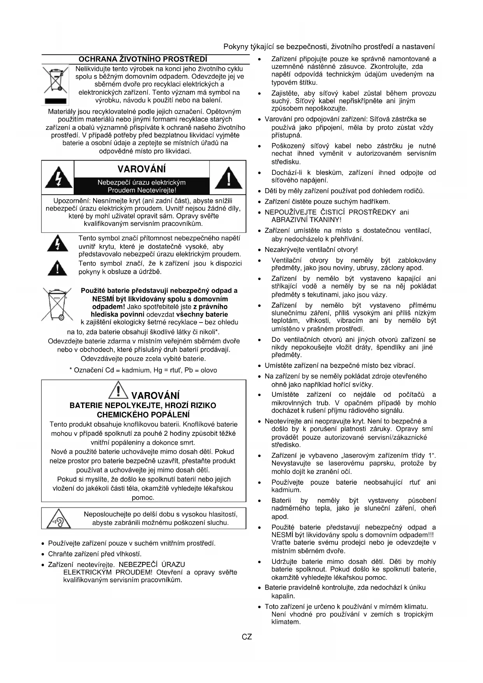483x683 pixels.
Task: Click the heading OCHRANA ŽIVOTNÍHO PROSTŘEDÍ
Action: (143, 59)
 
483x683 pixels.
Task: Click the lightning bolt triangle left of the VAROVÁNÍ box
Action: (58, 178)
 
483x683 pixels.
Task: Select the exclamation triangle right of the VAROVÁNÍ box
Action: (228, 178)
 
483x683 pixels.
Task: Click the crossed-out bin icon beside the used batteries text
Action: (57, 305)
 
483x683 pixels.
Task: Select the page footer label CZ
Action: (247, 637)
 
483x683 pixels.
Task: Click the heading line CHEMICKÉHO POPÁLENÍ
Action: (143, 415)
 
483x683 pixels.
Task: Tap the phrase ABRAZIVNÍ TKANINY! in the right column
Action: (306, 220)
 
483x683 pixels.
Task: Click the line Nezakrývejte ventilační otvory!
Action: (311, 250)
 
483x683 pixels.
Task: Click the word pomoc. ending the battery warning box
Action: (143, 498)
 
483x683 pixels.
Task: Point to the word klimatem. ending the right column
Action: (286, 622)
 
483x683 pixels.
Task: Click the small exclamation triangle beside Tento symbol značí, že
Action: (57, 268)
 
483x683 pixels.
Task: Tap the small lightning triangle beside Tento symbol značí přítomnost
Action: (57, 243)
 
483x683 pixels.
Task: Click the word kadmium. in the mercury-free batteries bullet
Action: (286, 490)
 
